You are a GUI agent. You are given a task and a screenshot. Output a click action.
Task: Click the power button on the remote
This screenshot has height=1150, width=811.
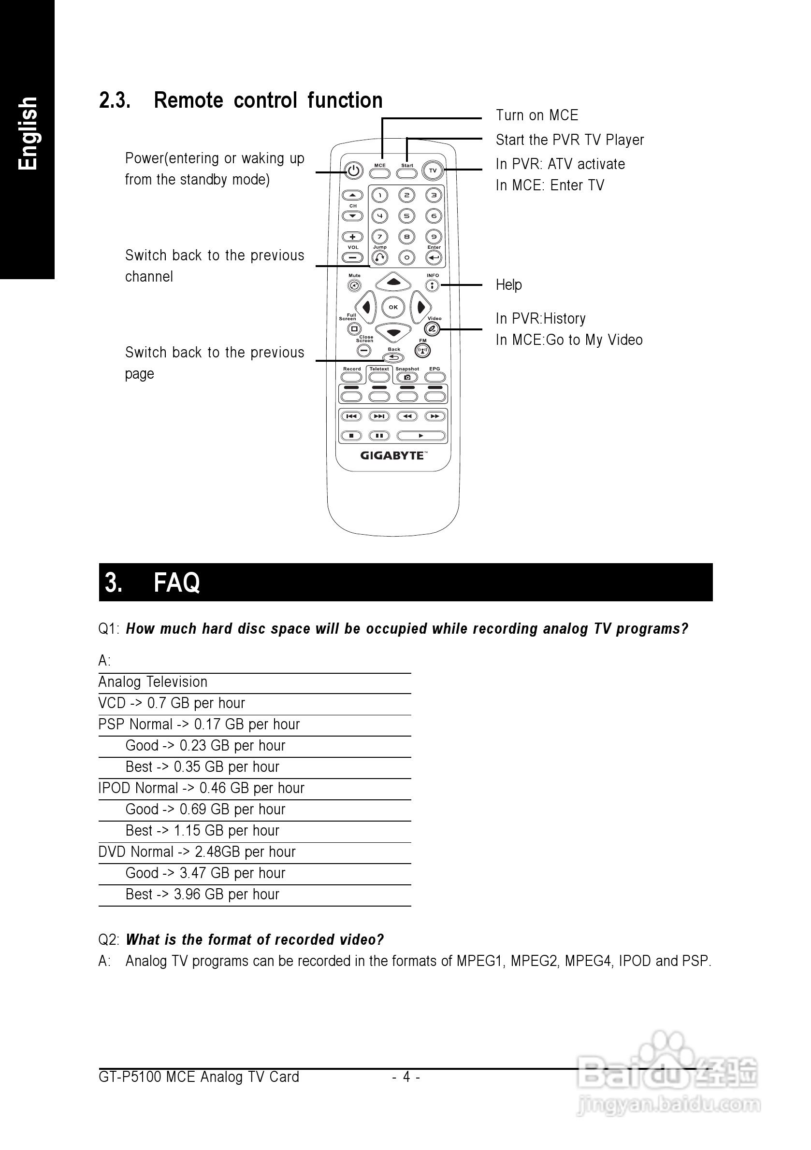(x=353, y=171)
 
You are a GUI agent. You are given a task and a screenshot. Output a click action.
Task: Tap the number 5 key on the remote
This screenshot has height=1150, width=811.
(x=406, y=216)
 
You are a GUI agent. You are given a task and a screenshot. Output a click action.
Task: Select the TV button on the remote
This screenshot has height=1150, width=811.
(x=433, y=171)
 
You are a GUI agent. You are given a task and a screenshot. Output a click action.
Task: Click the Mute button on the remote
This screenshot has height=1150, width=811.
(x=354, y=285)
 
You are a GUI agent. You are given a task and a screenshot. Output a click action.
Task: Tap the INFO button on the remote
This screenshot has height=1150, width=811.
(x=432, y=285)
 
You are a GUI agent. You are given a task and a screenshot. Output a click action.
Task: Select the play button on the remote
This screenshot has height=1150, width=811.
(x=421, y=436)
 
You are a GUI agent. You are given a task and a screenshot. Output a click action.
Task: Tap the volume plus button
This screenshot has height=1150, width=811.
(x=353, y=237)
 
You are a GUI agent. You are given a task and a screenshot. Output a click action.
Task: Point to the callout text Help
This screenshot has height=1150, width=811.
(x=509, y=284)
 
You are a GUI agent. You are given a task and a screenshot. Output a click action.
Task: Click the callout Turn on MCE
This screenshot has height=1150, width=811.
(x=537, y=115)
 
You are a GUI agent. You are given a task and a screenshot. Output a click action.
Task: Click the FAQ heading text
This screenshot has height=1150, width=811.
(x=176, y=582)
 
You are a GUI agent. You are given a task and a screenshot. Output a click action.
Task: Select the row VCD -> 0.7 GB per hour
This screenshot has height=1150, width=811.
(x=172, y=703)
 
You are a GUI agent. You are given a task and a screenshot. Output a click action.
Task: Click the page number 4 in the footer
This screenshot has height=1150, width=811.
(x=406, y=1077)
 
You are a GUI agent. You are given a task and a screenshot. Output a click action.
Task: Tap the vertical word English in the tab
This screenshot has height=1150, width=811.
(x=28, y=134)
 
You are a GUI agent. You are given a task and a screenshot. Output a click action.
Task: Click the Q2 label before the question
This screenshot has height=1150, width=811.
(x=108, y=939)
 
